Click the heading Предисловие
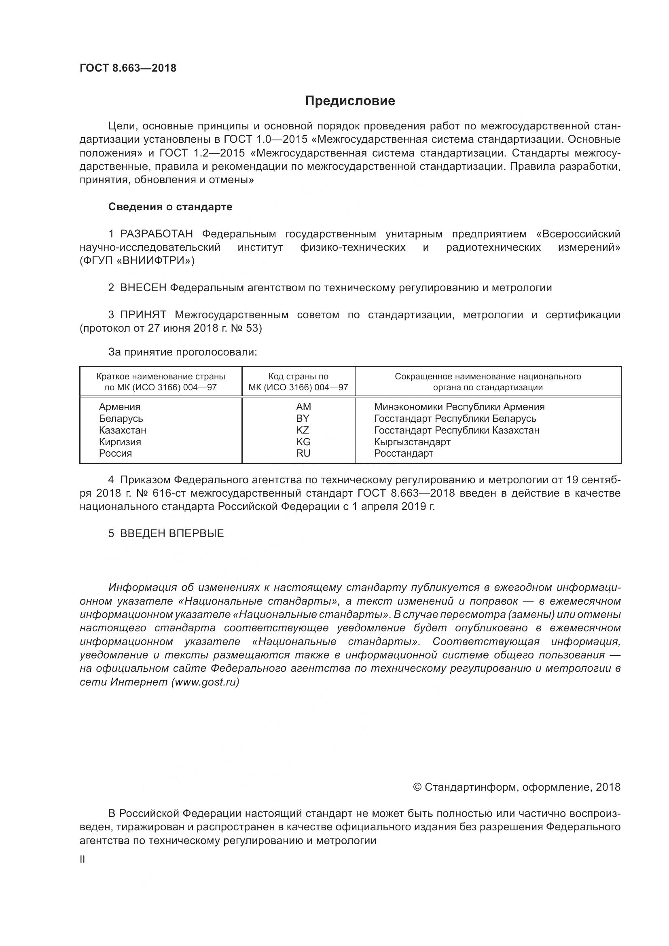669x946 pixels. pyautogui.click(x=350, y=101)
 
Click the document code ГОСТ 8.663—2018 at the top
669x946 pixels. pyautogui.click(x=128, y=68)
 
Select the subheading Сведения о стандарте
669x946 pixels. pyautogui.click(x=170, y=207)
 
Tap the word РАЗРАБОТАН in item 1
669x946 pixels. pyautogui.click(x=157, y=234)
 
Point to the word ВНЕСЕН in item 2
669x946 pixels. pyautogui.click(x=143, y=288)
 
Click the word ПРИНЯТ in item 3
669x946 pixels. pyautogui.click(x=143, y=315)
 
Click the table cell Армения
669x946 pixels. pyautogui.click(x=119, y=406)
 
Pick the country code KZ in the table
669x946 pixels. pyautogui.click(x=303, y=430)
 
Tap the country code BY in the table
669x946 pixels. pyautogui.click(x=303, y=419)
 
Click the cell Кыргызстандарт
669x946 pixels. pyautogui.click(x=412, y=442)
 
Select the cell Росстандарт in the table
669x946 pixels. pyautogui.click(x=403, y=454)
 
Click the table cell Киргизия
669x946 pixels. pyautogui.click(x=120, y=442)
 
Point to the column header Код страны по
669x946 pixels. pyautogui.click(x=298, y=377)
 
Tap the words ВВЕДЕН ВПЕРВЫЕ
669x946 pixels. pyautogui.click(x=172, y=533)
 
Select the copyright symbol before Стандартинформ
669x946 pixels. pyautogui.click(x=417, y=787)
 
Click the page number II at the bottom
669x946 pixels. pyautogui.click(x=83, y=860)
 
